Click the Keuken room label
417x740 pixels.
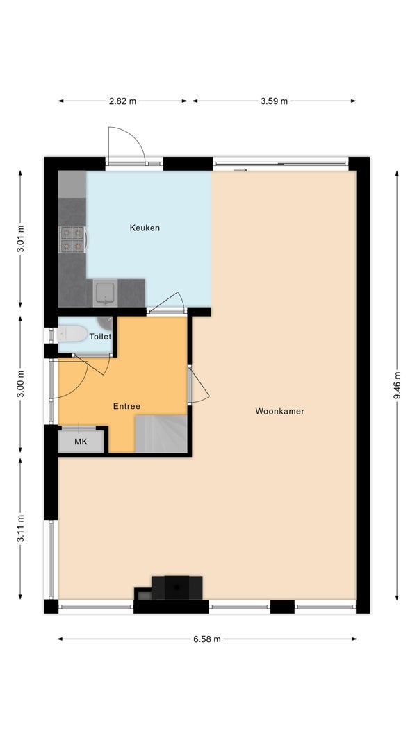[x=145, y=228]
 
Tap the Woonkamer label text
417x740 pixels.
[x=279, y=411]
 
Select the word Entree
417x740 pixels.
[x=126, y=406]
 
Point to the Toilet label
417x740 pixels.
[x=101, y=337]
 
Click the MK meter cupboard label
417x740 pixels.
[x=81, y=442]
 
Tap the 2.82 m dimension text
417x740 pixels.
[x=123, y=101]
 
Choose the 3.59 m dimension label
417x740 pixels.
[x=274, y=101]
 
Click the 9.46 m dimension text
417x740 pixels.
[x=397, y=385]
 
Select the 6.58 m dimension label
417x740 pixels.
[x=207, y=639]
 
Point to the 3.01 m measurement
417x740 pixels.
[x=20, y=239]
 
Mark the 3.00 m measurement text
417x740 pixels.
[x=20, y=384]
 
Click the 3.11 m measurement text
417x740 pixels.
[x=20, y=528]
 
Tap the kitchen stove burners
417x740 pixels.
[x=72, y=239]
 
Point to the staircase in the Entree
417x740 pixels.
[x=161, y=434]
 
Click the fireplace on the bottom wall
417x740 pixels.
[x=177, y=588]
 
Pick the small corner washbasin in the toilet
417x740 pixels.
[x=106, y=323]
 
